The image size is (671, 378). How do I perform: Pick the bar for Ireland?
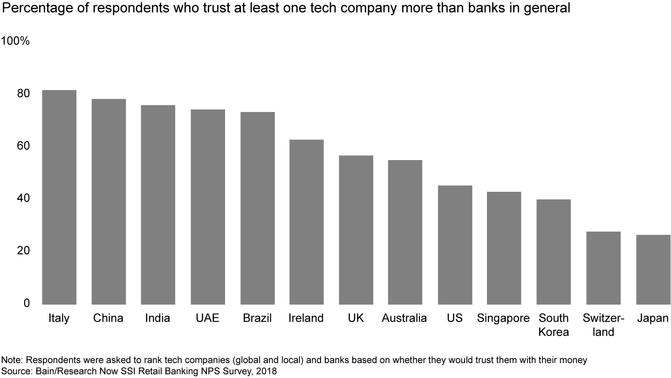306,222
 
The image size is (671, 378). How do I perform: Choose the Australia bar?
405,232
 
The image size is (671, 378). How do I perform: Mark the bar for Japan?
653,269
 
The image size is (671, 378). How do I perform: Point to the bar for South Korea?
554,252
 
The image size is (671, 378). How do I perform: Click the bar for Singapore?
504,248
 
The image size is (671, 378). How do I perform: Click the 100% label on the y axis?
15,41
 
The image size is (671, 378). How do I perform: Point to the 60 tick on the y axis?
24,146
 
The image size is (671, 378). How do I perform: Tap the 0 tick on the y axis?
27,303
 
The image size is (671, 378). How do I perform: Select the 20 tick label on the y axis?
24,251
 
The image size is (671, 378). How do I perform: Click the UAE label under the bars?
207,318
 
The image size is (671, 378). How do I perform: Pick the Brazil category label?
257,318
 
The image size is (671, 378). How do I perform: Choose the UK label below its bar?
356,318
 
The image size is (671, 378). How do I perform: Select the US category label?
454,318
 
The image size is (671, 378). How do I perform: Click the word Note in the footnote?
10,360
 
